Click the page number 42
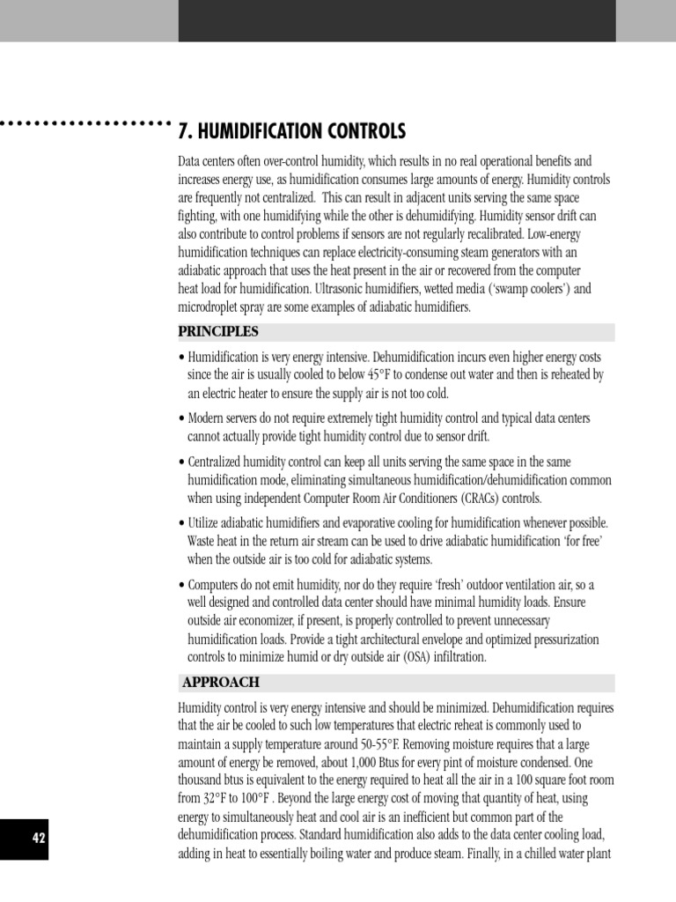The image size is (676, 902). click(x=39, y=838)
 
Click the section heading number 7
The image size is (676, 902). click(x=183, y=132)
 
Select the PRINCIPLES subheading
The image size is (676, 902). click(x=218, y=332)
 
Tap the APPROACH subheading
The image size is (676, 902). click(x=221, y=683)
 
